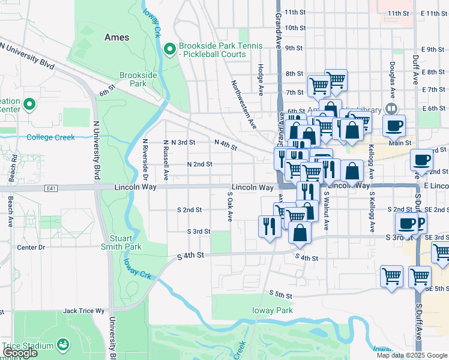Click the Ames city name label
click(x=116, y=37)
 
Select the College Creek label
click(x=51, y=137)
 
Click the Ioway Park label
click(x=274, y=310)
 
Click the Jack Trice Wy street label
click(x=83, y=311)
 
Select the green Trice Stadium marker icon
click(x=62, y=344)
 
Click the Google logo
click(x=19, y=353)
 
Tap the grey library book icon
click(x=391, y=108)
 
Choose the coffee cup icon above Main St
click(x=394, y=126)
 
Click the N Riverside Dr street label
click(x=145, y=160)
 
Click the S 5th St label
click(x=280, y=295)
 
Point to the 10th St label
click(x=295, y=28)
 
